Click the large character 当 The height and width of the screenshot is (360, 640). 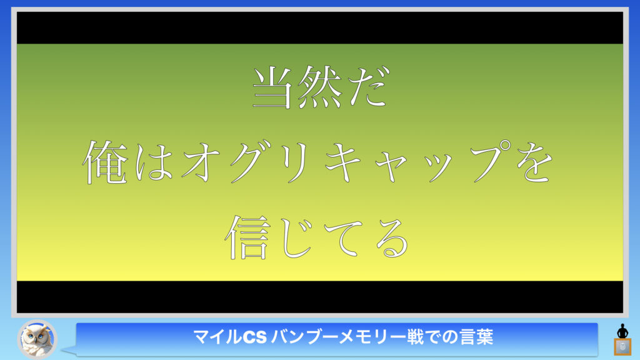point(272,87)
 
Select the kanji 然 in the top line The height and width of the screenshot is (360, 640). point(319,87)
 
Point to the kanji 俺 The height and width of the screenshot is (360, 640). point(105,162)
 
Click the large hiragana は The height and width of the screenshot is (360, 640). point(154,162)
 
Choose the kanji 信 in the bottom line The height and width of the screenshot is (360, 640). point(247,237)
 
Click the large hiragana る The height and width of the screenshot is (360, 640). point(392,238)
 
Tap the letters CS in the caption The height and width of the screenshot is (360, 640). point(255,337)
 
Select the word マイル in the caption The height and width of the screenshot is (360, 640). point(217,337)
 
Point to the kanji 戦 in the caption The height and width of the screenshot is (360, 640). point(416,337)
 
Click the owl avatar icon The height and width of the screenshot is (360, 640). point(37,339)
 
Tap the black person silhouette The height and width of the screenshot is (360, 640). point(622,331)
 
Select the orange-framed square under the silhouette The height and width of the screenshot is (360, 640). point(622,347)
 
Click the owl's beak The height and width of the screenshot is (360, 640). point(36,341)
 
